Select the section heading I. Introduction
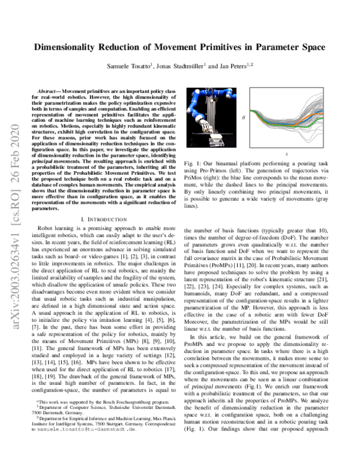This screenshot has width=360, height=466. tap(106, 220)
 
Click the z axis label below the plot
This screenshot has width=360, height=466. tap(287, 154)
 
